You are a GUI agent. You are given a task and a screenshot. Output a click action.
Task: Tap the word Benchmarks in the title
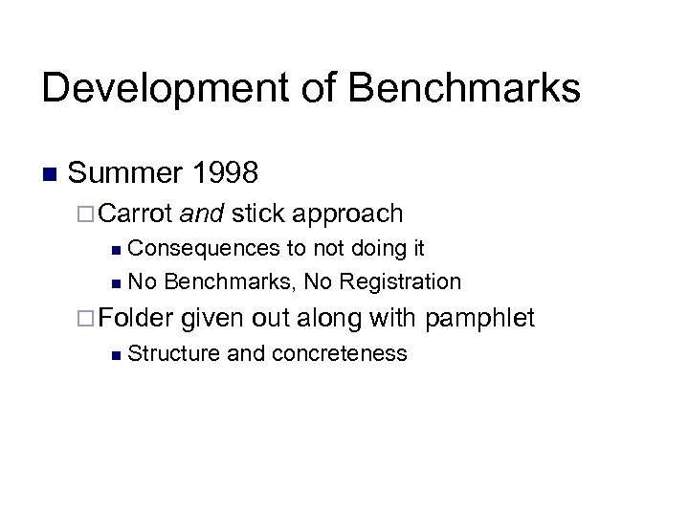click(x=464, y=88)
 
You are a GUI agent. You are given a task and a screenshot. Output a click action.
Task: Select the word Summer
click(x=124, y=173)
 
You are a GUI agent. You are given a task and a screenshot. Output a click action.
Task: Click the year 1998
click(x=225, y=173)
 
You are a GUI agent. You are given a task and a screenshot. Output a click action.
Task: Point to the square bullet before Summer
click(x=50, y=174)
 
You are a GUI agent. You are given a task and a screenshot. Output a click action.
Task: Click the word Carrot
click(x=136, y=214)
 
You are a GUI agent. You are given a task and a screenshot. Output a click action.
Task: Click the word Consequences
click(x=203, y=249)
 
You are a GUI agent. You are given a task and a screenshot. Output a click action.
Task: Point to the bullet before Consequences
click(x=115, y=250)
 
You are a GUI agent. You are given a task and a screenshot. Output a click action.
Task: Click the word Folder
click(x=136, y=317)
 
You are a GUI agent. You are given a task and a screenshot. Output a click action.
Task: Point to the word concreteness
click(x=340, y=353)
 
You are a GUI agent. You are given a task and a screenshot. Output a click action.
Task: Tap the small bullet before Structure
click(x=115, y=355)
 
